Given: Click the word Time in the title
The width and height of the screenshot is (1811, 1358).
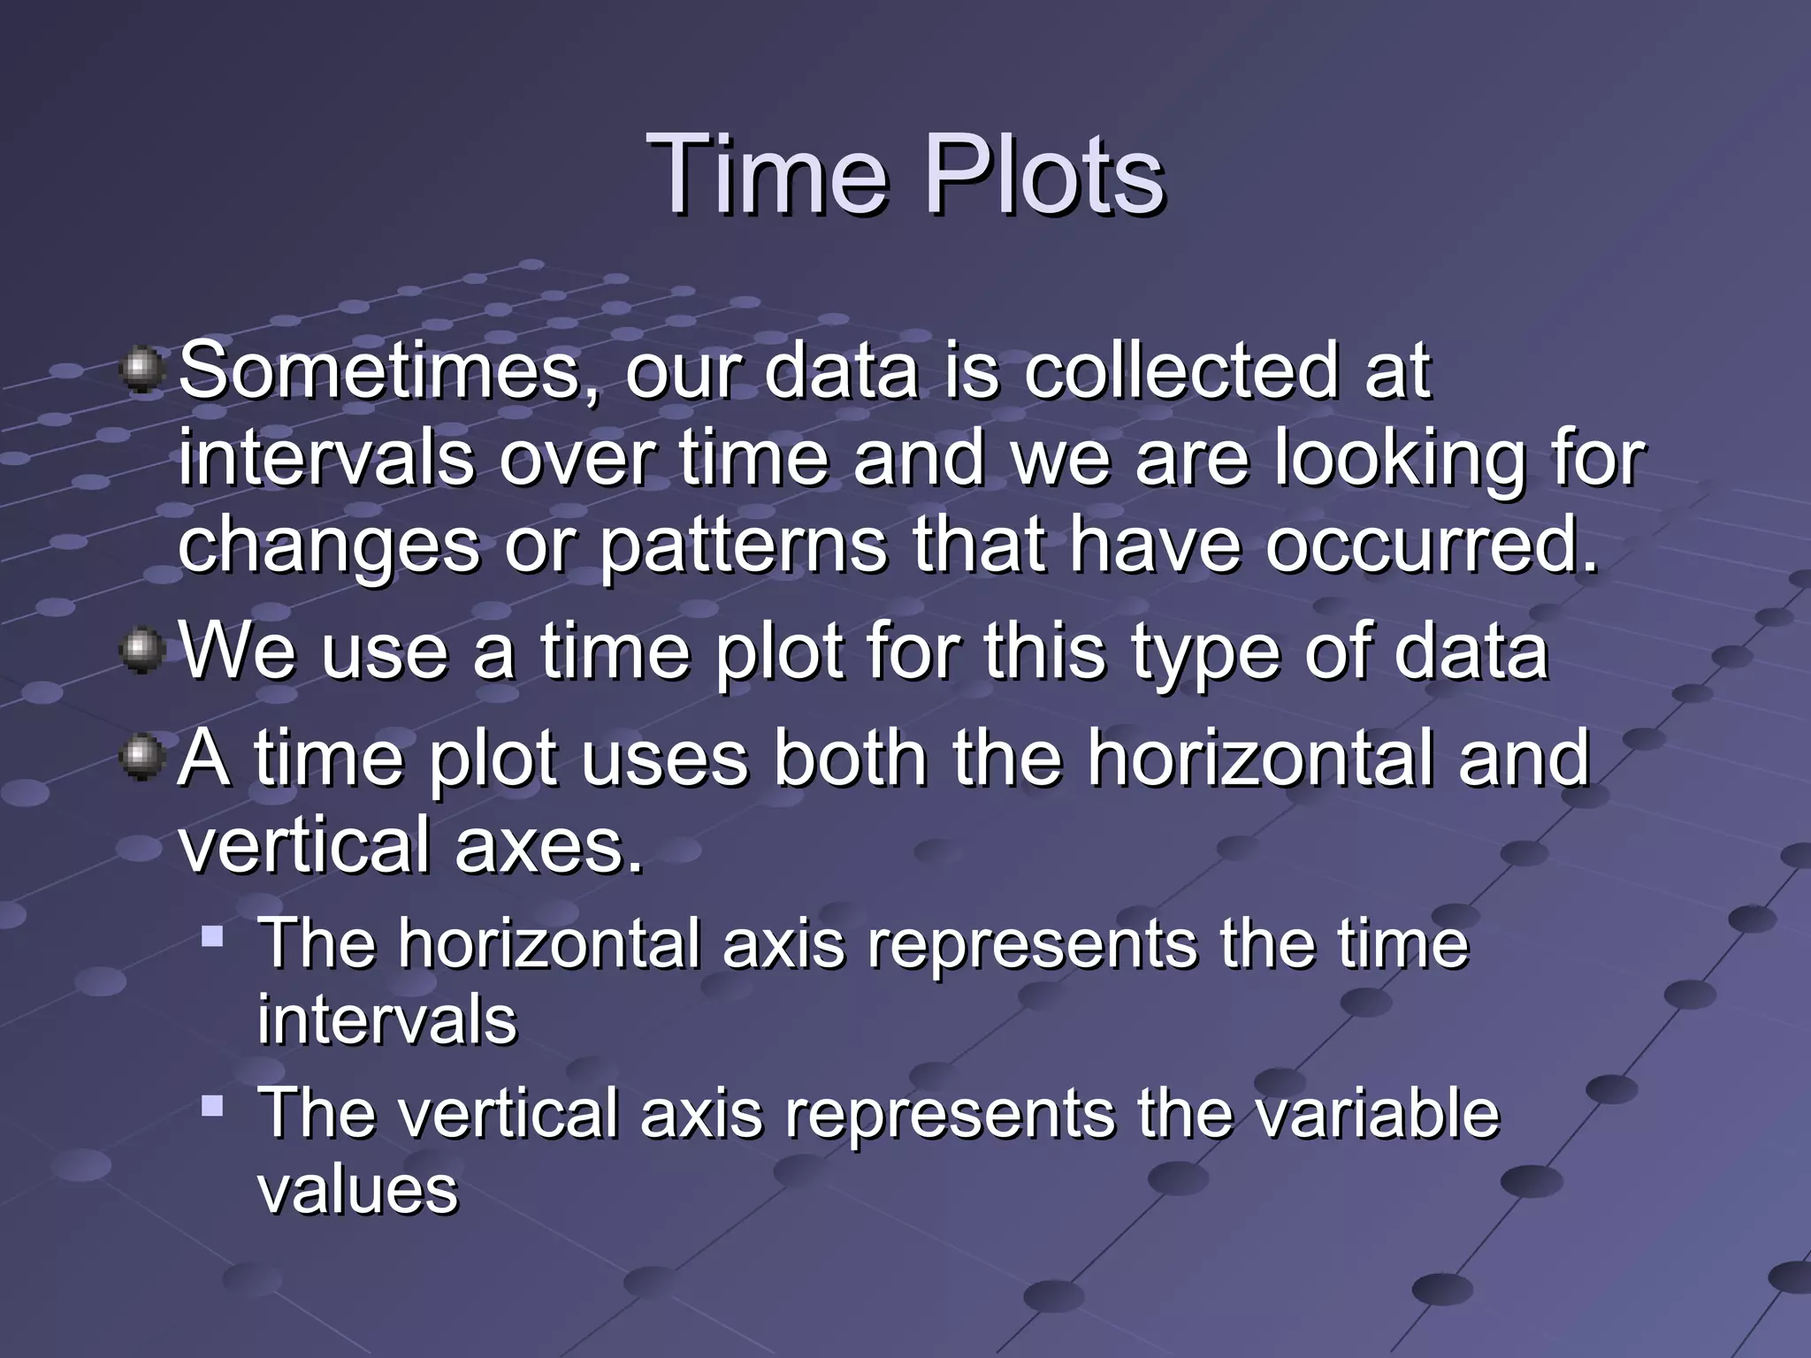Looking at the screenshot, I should [x=766, y=174].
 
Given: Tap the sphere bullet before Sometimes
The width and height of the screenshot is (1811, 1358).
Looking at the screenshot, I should [x=141, y=370].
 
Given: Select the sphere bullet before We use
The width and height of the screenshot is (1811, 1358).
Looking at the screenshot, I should [x=141, y=651].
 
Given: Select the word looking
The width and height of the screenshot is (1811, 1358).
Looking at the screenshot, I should [x=1399, y=461].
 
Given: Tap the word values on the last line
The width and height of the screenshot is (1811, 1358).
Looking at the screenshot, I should [x=357, y=1190].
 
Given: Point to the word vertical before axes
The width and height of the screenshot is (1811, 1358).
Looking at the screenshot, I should [x=304, y=845].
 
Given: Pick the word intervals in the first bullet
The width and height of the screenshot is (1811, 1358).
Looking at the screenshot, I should [x=325, y=459].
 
